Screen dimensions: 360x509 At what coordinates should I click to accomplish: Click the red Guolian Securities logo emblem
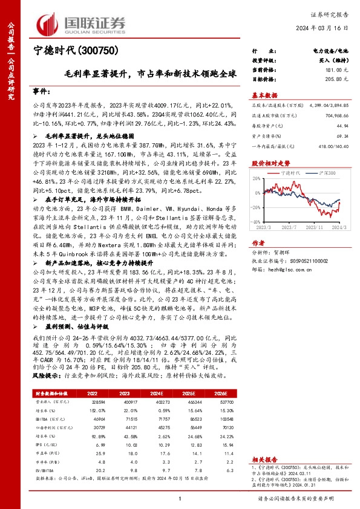[x=50, y=22]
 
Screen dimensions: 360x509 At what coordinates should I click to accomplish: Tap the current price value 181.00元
[x=337, y=71]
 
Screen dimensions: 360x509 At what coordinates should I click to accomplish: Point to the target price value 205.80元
[x=337, y=79]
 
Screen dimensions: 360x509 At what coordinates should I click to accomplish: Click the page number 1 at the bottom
[x=180, y=498]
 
